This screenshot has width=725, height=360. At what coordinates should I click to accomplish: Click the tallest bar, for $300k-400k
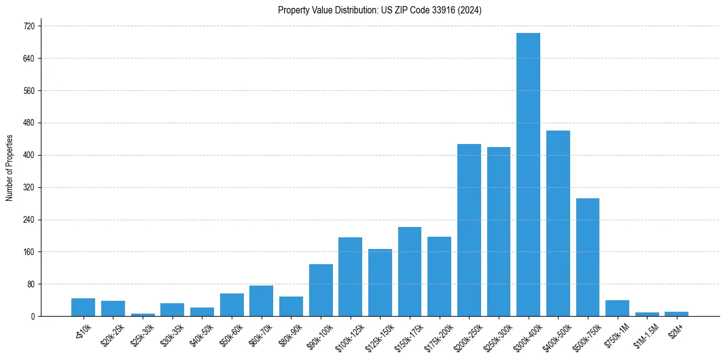pyautogui.click(x=528, y=175)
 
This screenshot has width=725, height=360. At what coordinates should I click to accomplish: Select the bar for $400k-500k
pyautogui.click(x=558, y=223)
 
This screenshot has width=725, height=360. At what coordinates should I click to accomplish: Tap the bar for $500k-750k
pyautogui.click(x=588, y=257)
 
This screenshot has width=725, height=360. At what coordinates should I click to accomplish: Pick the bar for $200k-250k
pyautogui.click(x=469, y=230)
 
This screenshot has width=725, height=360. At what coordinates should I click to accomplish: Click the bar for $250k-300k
pyautogui.click(x=499, y=231)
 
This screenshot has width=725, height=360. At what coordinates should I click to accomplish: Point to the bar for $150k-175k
pyautogui.click(x=410, y=272)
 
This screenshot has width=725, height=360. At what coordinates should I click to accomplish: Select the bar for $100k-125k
pyautogui.click(x=350, y=276)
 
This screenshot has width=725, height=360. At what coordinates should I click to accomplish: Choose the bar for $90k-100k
pyautogui.click(x=321, y=290)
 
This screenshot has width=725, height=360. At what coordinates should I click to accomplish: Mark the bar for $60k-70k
pyautogui.click(x=261, y=301)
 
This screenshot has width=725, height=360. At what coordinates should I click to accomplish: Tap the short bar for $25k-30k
pyautogui.click(x=143, y=314)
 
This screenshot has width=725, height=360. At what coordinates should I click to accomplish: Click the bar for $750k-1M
pyautogui.click(x=617, y=308)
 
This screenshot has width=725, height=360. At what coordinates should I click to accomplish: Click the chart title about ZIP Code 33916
pyautogui.click(x=379, y=10)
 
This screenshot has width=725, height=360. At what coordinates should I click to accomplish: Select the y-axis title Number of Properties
pyautogui.click(x=10, y=168)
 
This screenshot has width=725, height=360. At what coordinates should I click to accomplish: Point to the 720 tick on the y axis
pyautogui.click(x=28, y=26)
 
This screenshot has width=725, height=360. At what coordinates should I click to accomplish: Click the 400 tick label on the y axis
pyautogui.click(x=28, y=155)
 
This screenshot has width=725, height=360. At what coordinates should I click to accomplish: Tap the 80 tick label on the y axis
pyautogui.click(x=30, y=284)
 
